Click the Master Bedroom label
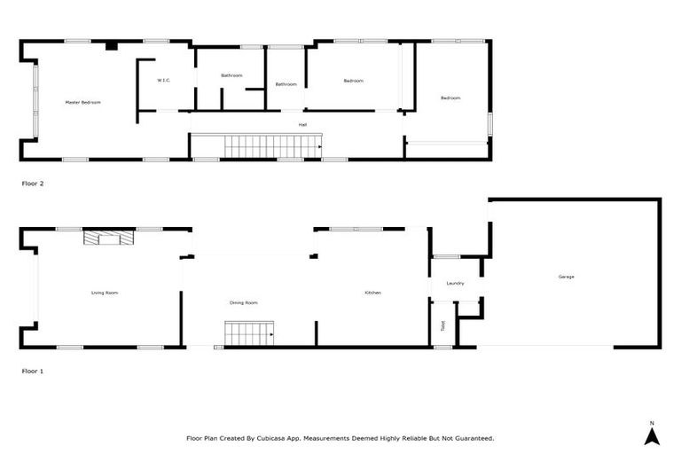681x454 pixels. (83, 103)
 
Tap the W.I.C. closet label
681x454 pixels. (163, 81)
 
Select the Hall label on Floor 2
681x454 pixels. (302, 125)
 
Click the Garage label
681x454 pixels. (566, 277)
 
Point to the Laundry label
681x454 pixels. (456, 284)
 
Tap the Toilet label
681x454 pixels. (442, 325)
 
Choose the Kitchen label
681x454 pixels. (372, 293)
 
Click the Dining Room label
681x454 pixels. (243, 303)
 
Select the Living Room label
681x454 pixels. (105, 293)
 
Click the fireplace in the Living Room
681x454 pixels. (108, 238)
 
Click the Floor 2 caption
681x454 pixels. (33, 184)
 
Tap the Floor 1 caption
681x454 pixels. (33, 371)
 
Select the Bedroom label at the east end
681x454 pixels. (450, 98)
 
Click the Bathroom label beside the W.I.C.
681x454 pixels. (231, 75)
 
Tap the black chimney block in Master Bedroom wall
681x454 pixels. (111, 45)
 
